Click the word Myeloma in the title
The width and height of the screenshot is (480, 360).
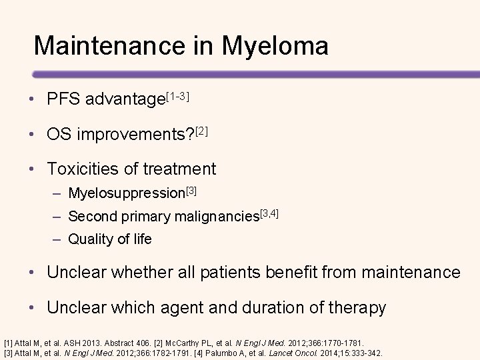point(276,46)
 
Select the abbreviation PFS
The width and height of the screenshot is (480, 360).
point(62,100)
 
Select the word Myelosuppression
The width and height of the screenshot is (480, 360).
point(126,195)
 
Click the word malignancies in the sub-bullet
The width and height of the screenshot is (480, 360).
point(215,217)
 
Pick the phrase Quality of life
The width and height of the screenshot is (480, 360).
point(110,239)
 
